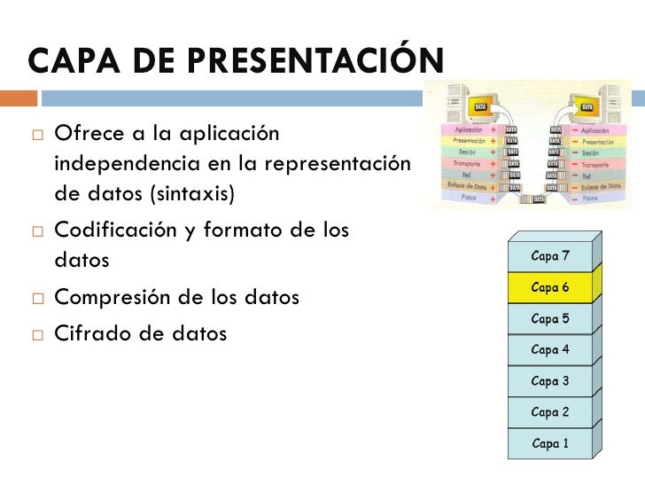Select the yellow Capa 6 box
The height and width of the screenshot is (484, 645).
tap(549, 287)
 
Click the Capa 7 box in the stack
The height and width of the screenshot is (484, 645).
tap(549, 256)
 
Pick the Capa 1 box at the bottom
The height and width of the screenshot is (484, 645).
tap(549, 443)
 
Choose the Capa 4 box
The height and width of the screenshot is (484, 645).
tap(549, 349)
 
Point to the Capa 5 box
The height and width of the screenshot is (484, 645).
tap(549, 318)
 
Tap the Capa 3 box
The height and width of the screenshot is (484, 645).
tap(549, 381)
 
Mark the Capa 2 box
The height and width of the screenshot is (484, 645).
tap(549, 412)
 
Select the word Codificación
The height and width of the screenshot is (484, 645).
tap(116, 230)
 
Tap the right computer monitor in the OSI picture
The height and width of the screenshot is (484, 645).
tap(584, 105)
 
